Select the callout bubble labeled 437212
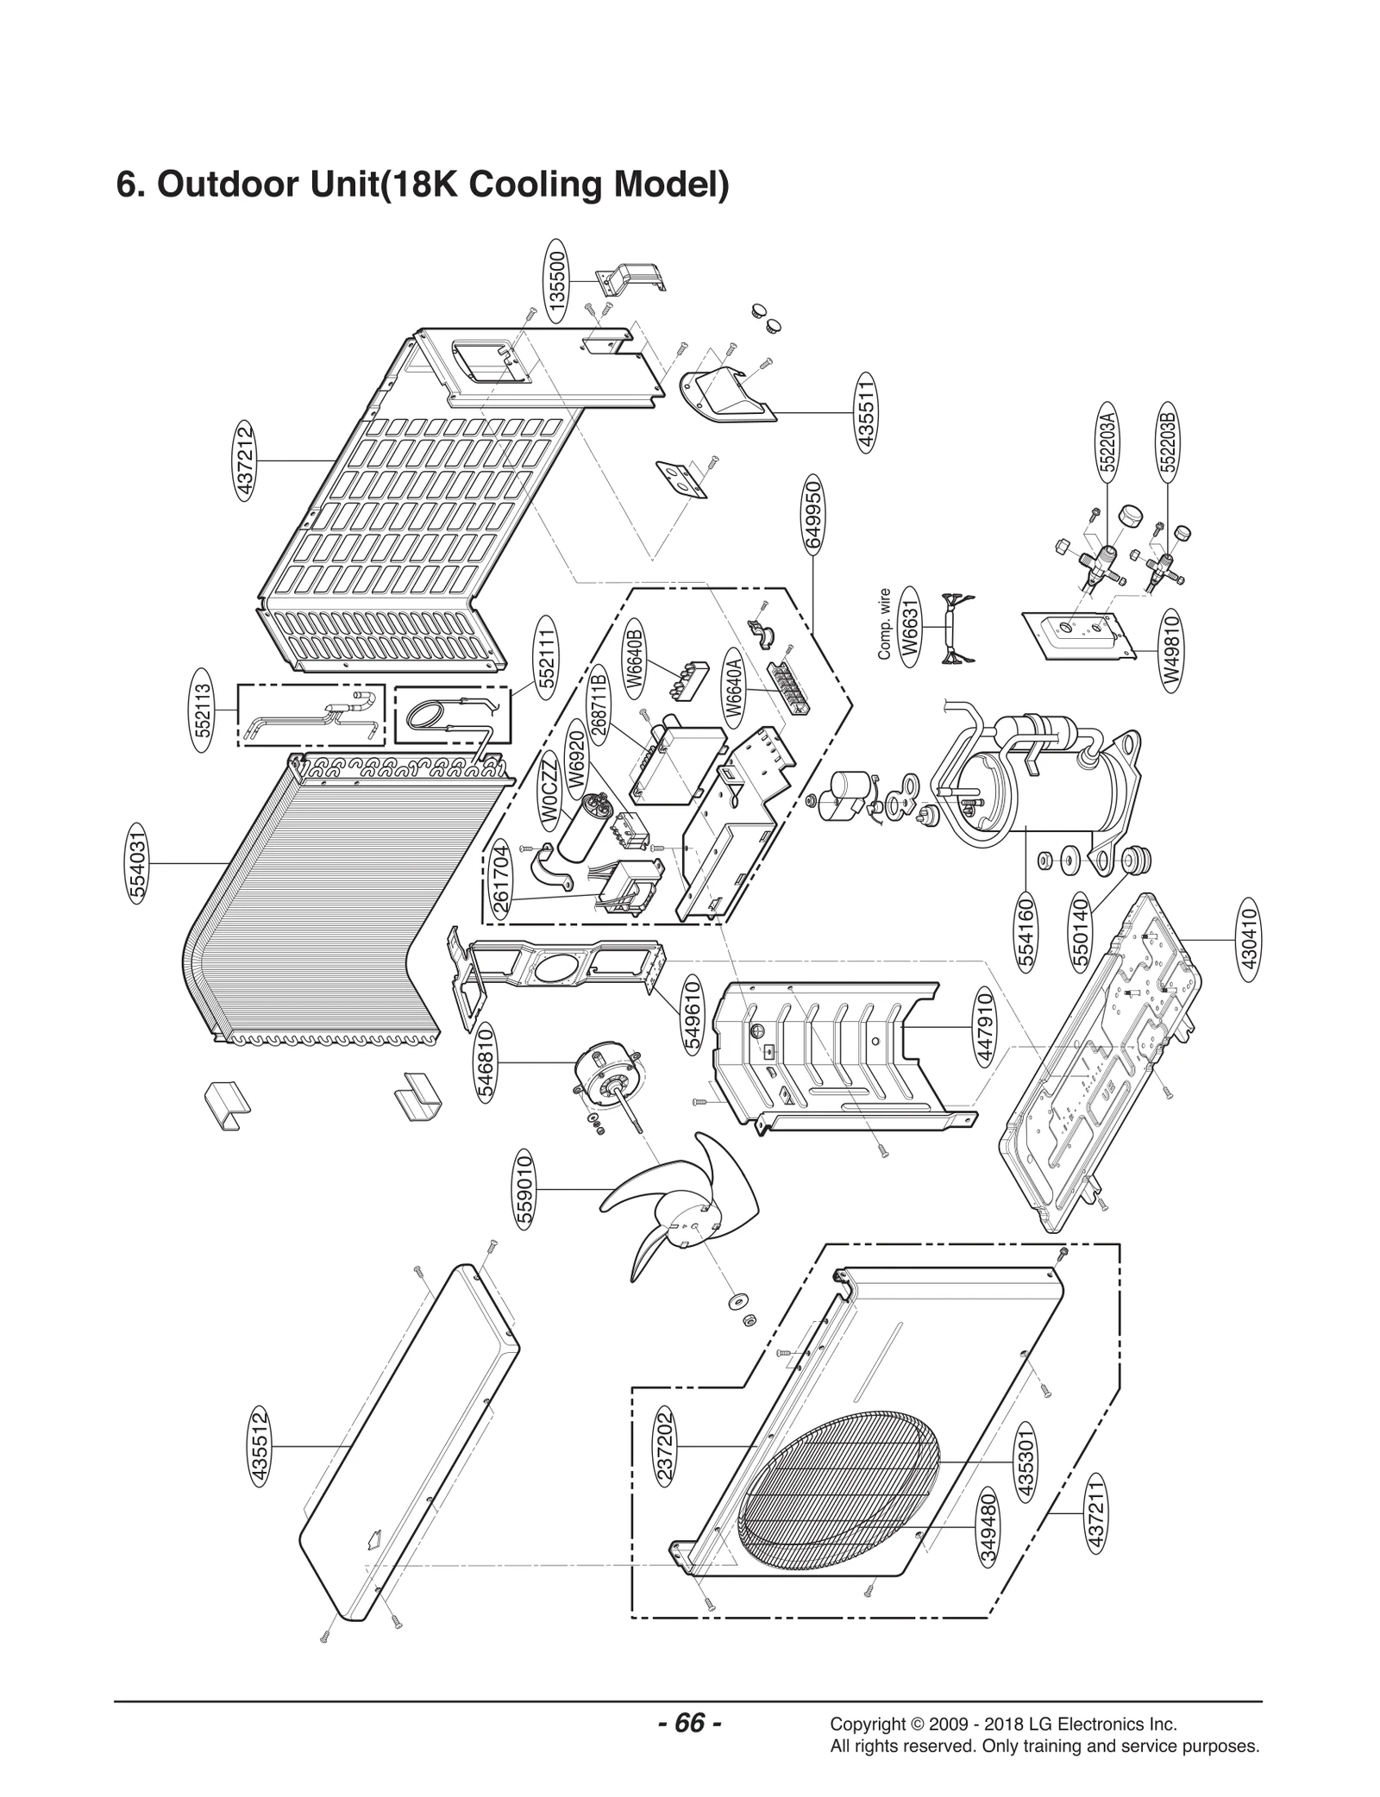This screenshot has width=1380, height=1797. click(245, 460)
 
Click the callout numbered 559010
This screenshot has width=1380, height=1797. click(524, 1189)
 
